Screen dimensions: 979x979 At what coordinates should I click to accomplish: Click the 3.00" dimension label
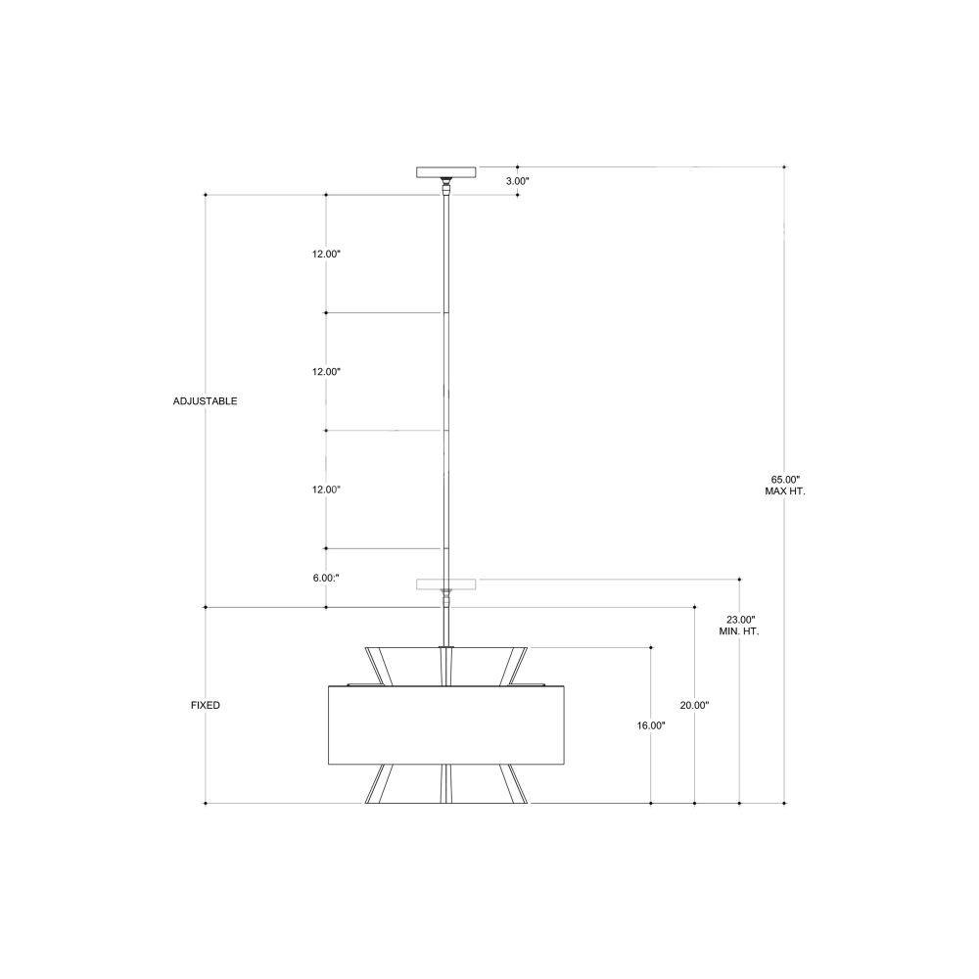coord(517,181)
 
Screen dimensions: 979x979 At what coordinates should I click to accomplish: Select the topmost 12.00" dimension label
coord(327,255)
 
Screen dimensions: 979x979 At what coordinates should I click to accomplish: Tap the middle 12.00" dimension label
coord(327,371)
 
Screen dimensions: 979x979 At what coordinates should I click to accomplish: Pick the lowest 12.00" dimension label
coord(327,489)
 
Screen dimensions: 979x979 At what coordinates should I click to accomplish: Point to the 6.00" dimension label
coord(326,579)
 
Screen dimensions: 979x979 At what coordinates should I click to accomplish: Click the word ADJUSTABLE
coord(205,400)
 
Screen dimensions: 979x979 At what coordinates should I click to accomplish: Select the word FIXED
coord(206,705)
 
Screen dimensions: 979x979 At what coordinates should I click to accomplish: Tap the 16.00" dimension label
coord(651,725)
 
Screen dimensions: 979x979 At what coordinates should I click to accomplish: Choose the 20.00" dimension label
coord(694,705)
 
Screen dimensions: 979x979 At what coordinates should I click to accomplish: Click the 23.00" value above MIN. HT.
coord(740,620)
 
